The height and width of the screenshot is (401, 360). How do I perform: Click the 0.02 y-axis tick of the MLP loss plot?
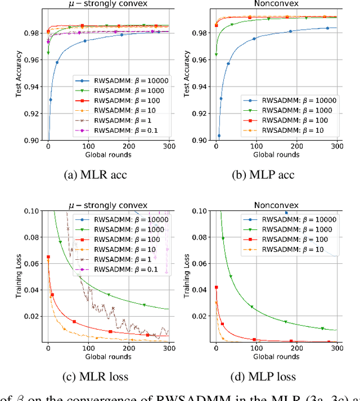201,317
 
